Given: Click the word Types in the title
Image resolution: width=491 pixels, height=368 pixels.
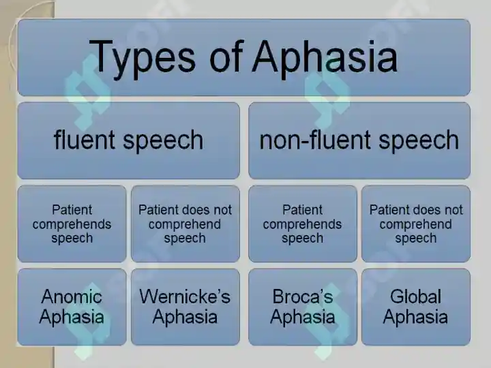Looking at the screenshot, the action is (143, 58).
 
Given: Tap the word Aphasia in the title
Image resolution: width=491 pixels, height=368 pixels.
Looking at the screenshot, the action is (325, 58).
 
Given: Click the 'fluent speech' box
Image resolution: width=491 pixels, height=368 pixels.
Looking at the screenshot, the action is (129, 141).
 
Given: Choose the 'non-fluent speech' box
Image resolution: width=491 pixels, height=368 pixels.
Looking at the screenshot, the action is (359, 141).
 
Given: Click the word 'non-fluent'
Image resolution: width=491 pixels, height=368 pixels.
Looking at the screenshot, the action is (315, 140).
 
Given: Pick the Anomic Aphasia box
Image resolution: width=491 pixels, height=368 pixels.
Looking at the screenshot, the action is (72, 307).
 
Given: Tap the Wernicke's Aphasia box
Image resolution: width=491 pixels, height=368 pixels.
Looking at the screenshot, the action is (185, 307).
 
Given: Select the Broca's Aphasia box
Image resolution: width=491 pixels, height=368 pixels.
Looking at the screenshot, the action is (303, 307).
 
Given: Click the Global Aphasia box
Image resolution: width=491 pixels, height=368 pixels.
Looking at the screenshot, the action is (416, 307).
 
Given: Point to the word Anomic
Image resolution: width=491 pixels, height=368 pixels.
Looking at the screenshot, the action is (72, 296).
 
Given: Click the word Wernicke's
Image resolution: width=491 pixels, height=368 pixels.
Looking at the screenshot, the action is (185, 296).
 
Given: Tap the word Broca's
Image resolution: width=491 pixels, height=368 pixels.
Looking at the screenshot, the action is (303, 296).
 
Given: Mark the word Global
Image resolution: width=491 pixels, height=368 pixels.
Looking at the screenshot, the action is (415, 296).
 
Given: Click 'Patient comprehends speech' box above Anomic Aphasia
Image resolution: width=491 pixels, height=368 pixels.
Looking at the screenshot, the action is (72, 224).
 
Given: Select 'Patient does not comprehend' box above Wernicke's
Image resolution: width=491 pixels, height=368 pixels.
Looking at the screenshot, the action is (185, 224).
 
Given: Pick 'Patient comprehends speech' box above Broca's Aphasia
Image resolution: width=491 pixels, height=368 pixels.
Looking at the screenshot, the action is (303, 224).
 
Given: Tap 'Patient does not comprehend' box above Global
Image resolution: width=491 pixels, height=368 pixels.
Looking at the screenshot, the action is (416, 224).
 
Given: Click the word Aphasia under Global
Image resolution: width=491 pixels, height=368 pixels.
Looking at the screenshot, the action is (415, 318).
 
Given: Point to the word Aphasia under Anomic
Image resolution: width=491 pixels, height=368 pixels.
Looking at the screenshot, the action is (72, 318).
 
